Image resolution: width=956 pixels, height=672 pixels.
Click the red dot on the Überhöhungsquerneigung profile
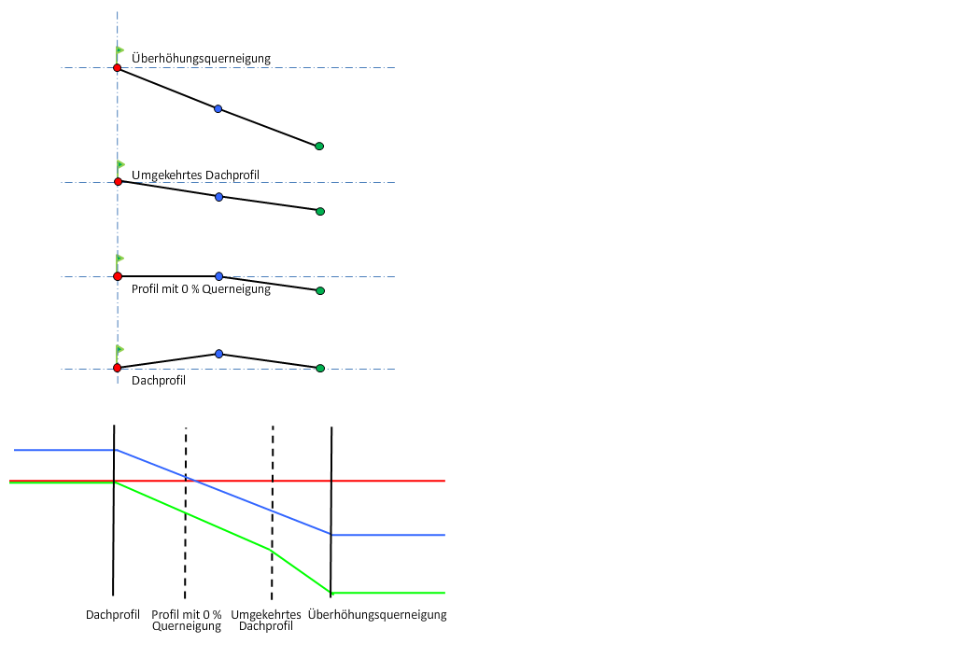pos(117,68)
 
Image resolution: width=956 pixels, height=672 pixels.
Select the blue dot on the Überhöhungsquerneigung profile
pos(218,109)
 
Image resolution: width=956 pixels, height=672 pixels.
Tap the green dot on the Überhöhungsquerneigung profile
pos(319,147)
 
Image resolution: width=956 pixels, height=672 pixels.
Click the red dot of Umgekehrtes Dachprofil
pos(118,182)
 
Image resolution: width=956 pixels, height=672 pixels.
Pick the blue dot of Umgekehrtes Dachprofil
pos(218,197)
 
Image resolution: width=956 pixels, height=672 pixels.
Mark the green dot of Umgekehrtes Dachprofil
pos(320,212)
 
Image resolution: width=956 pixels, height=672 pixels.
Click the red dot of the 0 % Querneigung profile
pos(117,276)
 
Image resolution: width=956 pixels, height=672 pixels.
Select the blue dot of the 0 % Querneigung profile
pos(218,276)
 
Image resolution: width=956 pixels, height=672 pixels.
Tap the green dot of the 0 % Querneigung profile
pos(320,291)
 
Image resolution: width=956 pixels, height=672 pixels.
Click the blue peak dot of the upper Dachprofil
pos(218,354)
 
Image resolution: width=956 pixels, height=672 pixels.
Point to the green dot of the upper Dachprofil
pos(320,369)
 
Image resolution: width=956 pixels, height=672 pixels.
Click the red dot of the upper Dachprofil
pos(117,368)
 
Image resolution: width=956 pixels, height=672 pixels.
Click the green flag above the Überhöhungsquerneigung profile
pos(119,50)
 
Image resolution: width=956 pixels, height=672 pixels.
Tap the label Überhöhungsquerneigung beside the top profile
pos(201,59)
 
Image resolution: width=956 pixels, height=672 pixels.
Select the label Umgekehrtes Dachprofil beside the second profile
pos(194,175)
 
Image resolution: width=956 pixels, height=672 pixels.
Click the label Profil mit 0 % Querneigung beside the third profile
pos(201,289)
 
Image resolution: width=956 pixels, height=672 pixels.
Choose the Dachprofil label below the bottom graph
pos(113,615)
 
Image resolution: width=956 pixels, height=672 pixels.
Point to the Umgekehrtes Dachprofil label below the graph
pos(266,621)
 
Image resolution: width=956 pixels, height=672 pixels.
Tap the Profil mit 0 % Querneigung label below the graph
pos(187,621)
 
